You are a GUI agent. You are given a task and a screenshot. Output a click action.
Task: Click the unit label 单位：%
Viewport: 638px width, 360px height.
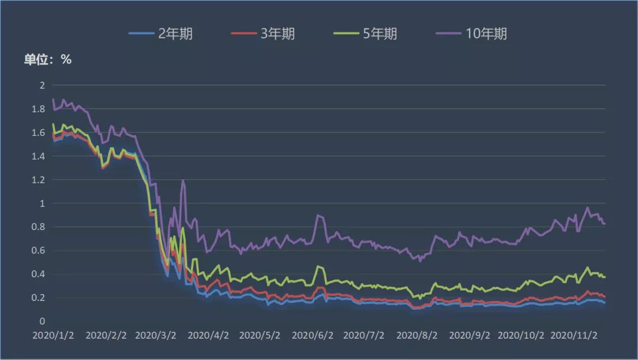(x=47, y=59)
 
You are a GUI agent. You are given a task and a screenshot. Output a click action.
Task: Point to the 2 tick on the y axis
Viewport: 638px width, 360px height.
(x=42, y=85)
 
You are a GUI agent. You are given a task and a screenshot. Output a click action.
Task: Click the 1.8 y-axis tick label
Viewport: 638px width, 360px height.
(x=39, y=109)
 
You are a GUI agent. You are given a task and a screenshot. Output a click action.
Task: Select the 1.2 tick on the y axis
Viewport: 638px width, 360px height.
(x=39, y=180)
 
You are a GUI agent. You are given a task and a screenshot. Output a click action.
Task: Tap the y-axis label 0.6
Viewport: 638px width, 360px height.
(x=39, y=251)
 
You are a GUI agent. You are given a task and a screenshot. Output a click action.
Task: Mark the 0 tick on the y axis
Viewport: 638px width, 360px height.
(x=42, y=321)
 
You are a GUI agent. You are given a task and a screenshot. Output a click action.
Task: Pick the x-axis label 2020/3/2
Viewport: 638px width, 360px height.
(x=156, y=335)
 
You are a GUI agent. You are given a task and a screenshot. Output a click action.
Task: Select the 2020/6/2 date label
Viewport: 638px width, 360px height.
(x=313, y=335)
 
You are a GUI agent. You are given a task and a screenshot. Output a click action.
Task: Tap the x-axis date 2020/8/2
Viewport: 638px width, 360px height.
(x=417, y=335)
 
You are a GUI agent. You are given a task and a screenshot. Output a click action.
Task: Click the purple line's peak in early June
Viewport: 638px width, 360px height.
(x=318, y=215)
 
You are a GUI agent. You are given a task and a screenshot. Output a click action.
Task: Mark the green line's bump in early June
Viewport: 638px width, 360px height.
(x=319, y=267)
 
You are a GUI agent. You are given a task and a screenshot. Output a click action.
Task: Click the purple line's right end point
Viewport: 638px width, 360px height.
(x=605, y=223)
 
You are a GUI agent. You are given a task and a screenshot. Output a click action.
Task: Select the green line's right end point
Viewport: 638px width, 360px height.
(x=605, y=277)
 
